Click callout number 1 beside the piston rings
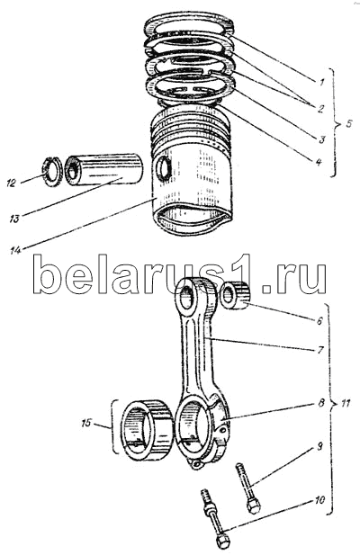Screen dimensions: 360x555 coord(321,83)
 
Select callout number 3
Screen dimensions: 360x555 coord(322,139)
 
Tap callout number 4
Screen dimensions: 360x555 coord(319,162)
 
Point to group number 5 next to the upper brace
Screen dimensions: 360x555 coord(348,124)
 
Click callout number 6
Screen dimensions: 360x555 coord(319,321)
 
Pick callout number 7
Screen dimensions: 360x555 coord(320,350)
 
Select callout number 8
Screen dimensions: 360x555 coord(321,403)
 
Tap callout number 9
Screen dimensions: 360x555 coord(319,447)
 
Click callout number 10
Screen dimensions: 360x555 coord(319,500)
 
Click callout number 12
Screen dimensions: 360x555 coord(12,183)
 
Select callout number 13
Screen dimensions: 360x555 coord(13,219)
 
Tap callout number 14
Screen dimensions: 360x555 coord(15,250)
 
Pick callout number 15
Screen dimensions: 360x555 coord(86,423)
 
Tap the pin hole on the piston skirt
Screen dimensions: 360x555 coord(164,169)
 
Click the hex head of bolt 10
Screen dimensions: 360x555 coord(222,541)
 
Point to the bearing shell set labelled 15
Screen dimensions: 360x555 coord(146,430)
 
